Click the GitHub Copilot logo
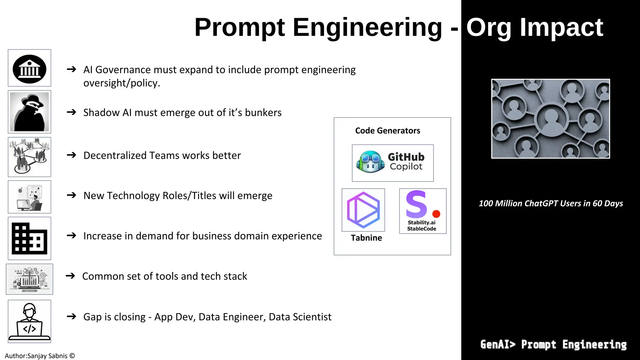(392, 163)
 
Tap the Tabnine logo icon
(363, 210)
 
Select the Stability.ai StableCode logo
(422, 211)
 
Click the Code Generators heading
(387, 131)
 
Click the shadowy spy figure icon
(29, 112)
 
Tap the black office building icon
(29, 238)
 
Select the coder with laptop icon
(29, 321)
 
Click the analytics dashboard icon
(29, 279)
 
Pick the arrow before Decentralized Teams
(72, 155)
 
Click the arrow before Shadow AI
(72, 112)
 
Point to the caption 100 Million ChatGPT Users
(551, 203)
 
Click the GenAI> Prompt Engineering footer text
(553, 344)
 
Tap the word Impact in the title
(561, 27)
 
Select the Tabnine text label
(366, 238)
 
